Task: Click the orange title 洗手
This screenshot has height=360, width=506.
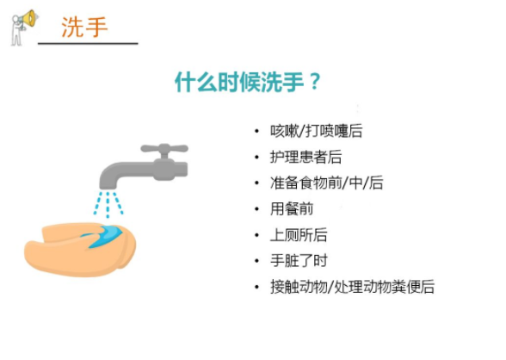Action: pos(84,27)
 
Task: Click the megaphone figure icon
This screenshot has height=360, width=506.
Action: pos(23,28)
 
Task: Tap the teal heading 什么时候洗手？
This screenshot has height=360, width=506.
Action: pos(248,82)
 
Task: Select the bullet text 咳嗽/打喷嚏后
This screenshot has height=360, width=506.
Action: pos(317,131)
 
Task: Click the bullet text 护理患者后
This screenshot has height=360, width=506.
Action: pos(305,158)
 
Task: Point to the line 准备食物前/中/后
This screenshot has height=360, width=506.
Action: pos(327,183)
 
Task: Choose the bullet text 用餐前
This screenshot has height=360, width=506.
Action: pos(292,209)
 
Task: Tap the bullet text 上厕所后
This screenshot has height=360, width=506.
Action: pos(299,235)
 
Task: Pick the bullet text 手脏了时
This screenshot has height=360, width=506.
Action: pos(299,261)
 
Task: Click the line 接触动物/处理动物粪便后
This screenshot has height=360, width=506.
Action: pos(353,287)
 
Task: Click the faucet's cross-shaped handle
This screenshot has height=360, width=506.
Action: pos(164,150)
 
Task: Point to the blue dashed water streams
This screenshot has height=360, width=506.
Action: pos(108,204)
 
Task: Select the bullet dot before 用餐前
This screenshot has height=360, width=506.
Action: pos(256,209)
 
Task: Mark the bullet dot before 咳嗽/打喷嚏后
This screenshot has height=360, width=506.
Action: pos(256,131)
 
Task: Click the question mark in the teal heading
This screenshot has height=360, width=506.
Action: pos(314,82)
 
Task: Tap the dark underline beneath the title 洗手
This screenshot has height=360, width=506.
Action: pos(88,43)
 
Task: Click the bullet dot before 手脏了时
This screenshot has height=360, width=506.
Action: pos(256,261)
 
